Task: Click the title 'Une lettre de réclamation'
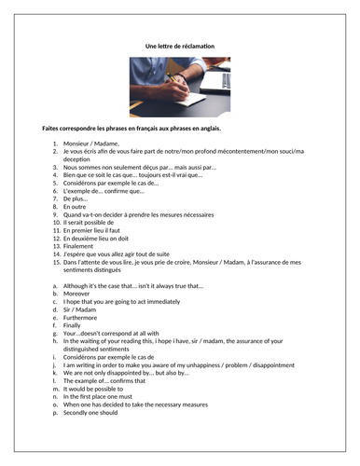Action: [x=180, y=46]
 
